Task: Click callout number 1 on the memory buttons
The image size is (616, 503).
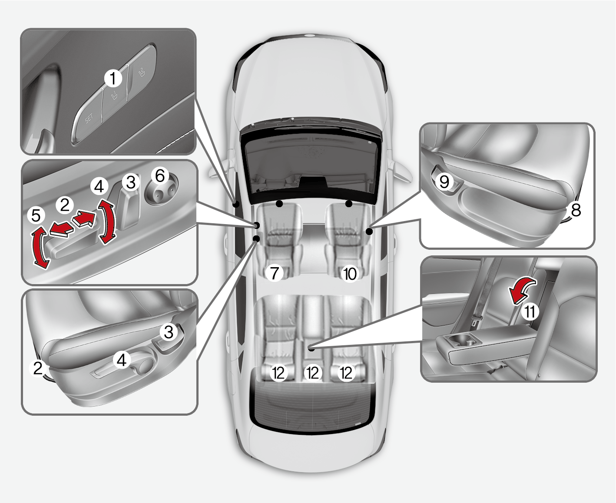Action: click(113, 79)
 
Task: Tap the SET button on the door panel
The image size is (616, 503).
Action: click(89, 119)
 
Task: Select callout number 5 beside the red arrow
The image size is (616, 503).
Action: click(36, 215)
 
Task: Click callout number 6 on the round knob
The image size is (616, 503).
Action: click(160, 176)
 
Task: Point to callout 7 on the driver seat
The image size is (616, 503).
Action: click(274, 273)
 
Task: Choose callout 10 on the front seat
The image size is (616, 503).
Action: click(350, 274)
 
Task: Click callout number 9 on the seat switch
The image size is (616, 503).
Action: click(444, 181)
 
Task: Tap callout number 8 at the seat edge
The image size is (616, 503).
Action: click(576, 210)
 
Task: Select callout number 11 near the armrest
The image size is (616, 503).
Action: click(530, 312)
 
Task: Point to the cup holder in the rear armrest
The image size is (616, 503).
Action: click(464, 341)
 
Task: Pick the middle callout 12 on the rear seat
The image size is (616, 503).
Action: click(313, 373)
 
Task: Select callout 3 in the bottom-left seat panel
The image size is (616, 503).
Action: click(169, 332)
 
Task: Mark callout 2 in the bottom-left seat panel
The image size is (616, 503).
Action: click(38, 368)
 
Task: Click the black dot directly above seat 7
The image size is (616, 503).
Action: click(280, 203)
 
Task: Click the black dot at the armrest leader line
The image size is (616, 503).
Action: click(311, 347)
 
